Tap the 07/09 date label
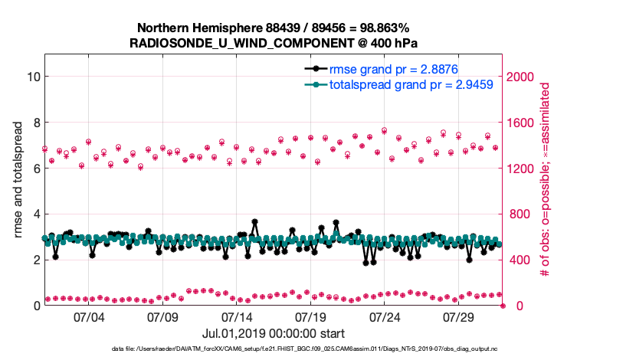(162, 316)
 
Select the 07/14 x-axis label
(237, 316)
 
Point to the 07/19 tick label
(311, 316)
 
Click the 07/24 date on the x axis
(385, 316)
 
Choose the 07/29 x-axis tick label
(460, 316)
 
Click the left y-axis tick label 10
(32, 77)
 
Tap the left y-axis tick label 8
(35, 123)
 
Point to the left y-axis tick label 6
(35, 169)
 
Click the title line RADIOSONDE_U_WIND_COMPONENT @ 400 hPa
(274, 42)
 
